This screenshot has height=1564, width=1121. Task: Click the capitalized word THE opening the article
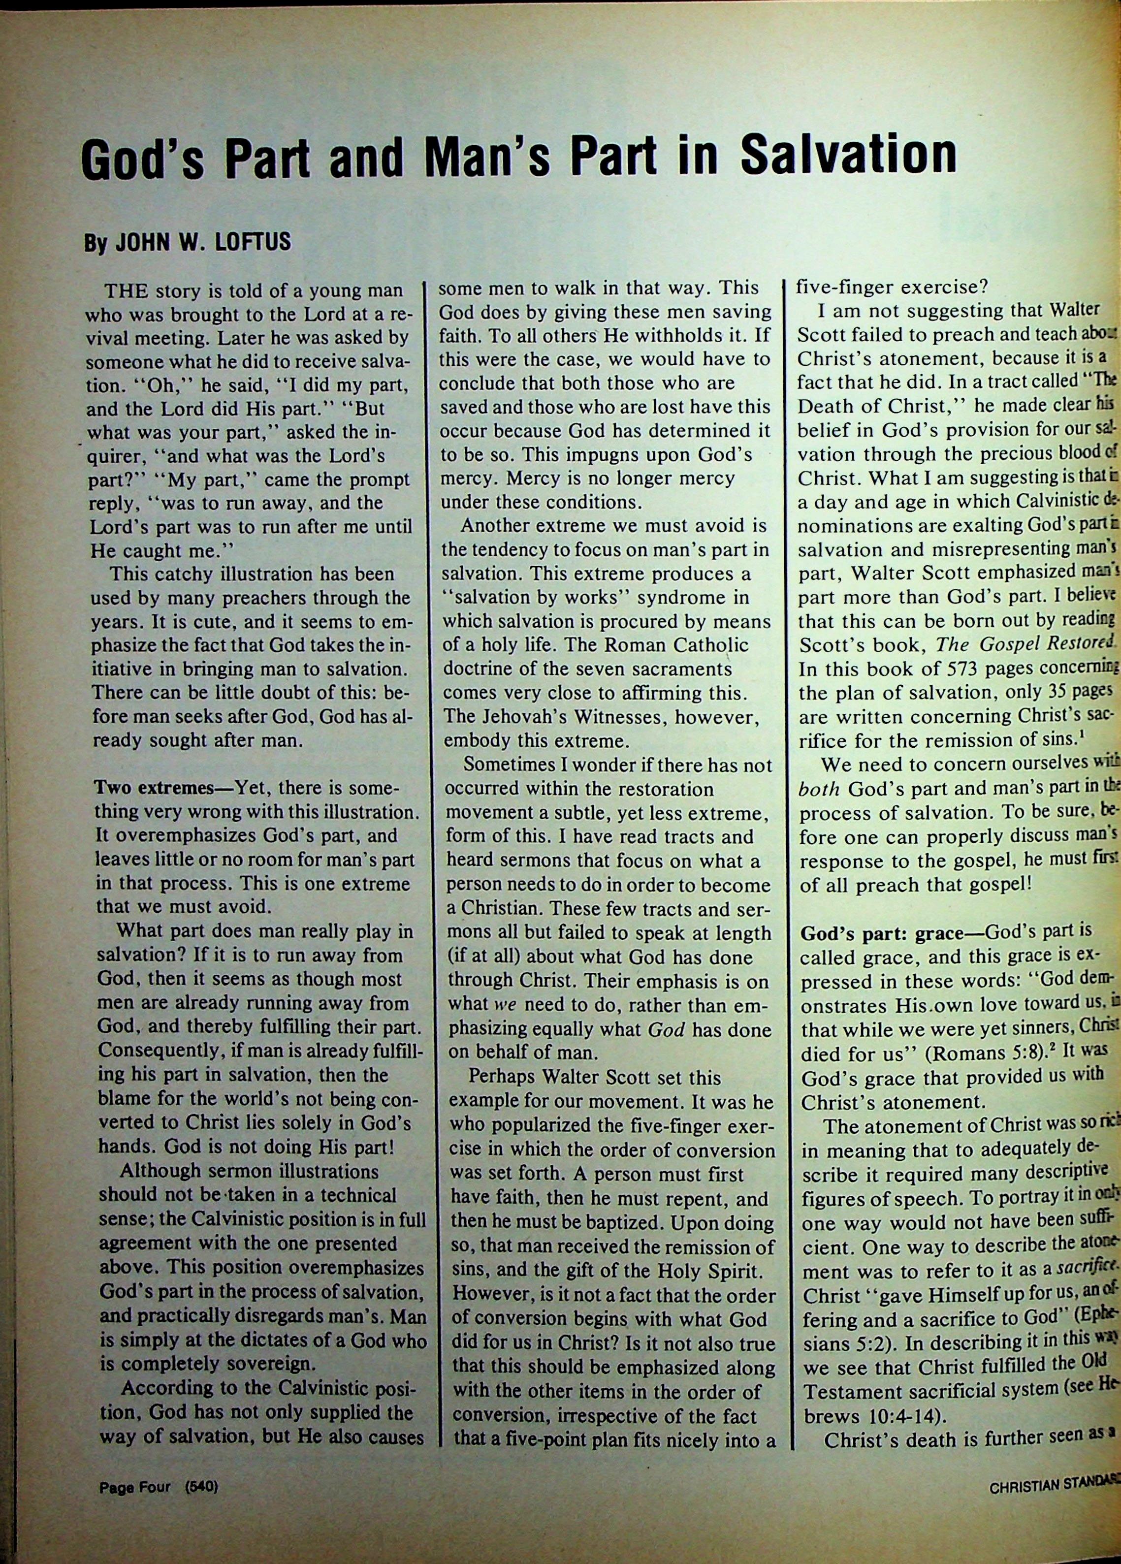point(123,289)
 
